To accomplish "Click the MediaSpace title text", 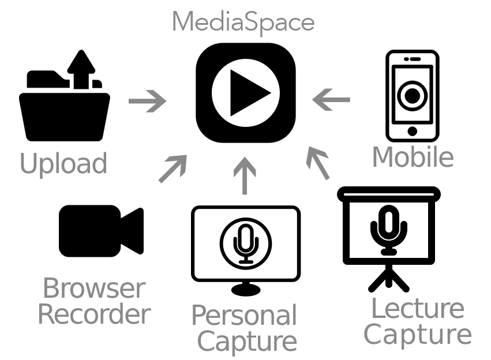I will [x=243, y=22].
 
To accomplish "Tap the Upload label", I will [x=63, y=164].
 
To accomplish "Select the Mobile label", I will [x=413, y=157].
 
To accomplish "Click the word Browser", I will [x=94, y=288].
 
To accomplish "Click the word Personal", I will [x=243, y=316].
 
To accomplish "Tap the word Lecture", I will [x=417, y=309].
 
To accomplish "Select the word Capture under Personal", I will [x=247, y=341].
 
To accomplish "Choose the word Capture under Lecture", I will [x=417, y=335].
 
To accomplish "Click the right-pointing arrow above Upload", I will [x=148, y=102].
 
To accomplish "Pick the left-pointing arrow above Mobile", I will [x=331, y=100].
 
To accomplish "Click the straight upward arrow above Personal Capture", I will [x=245, y=175].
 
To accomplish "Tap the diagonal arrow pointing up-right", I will [x=173, y=168].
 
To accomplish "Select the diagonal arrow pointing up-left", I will [x=317, y=163].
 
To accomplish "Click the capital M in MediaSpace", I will [x=181, y=22].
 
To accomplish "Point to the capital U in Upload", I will [x=28, y=164].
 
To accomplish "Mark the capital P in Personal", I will [x=198, y=316].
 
